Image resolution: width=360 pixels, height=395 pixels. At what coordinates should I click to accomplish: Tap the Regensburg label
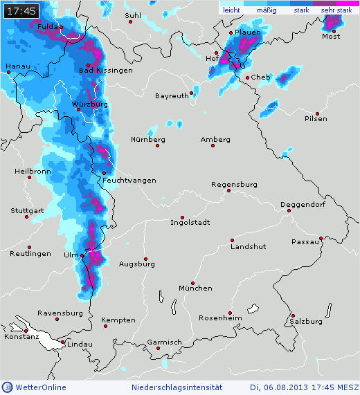coord(235,185)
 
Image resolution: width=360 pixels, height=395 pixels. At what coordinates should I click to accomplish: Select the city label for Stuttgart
coord(27,210)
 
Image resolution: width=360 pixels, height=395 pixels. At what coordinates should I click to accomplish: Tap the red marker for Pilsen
coord(316,113)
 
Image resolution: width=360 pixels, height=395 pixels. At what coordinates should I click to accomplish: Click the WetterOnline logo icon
coord(8,387)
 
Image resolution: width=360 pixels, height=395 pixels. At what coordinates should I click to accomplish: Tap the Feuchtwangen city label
coord(129,180)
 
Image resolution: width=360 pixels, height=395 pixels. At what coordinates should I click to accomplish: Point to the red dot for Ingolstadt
coord(183,217)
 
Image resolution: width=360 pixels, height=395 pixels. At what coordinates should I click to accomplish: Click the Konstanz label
coord(20,336)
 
